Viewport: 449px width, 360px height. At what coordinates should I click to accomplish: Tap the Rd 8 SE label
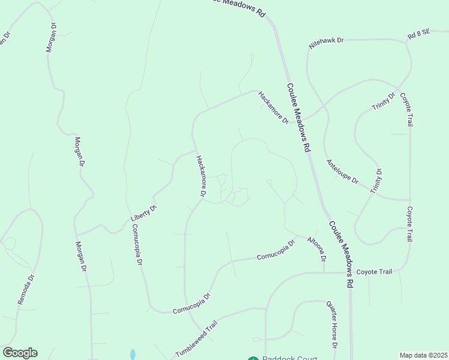click(x=419, y=35)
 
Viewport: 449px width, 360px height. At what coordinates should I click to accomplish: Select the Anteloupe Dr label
click(x=342, y=172)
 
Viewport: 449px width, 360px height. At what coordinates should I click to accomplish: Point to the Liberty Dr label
click(x=143, y=214)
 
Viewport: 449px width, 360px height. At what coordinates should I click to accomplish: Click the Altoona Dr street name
click(x=316, y=249)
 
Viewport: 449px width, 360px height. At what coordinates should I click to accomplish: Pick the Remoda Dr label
click(x=26, y=290)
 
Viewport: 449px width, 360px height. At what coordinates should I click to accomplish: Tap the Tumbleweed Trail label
click(x=195, y=340)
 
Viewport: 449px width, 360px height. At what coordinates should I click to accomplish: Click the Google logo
click(x=20, y=353)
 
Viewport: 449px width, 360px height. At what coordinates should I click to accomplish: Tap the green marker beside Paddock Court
click(x=253, y=359)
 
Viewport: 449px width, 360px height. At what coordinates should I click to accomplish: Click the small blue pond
click(x=133, y=355)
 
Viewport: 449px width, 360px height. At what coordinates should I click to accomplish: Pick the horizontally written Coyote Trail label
click(x=374, y=272)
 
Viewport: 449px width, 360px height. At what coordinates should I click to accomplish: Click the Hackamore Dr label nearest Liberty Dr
click(x=201, y=176)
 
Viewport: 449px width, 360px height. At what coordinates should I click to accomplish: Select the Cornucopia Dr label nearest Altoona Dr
click(x=276, y=251)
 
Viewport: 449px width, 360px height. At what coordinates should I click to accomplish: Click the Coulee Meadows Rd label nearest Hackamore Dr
click(x=298, y=116)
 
